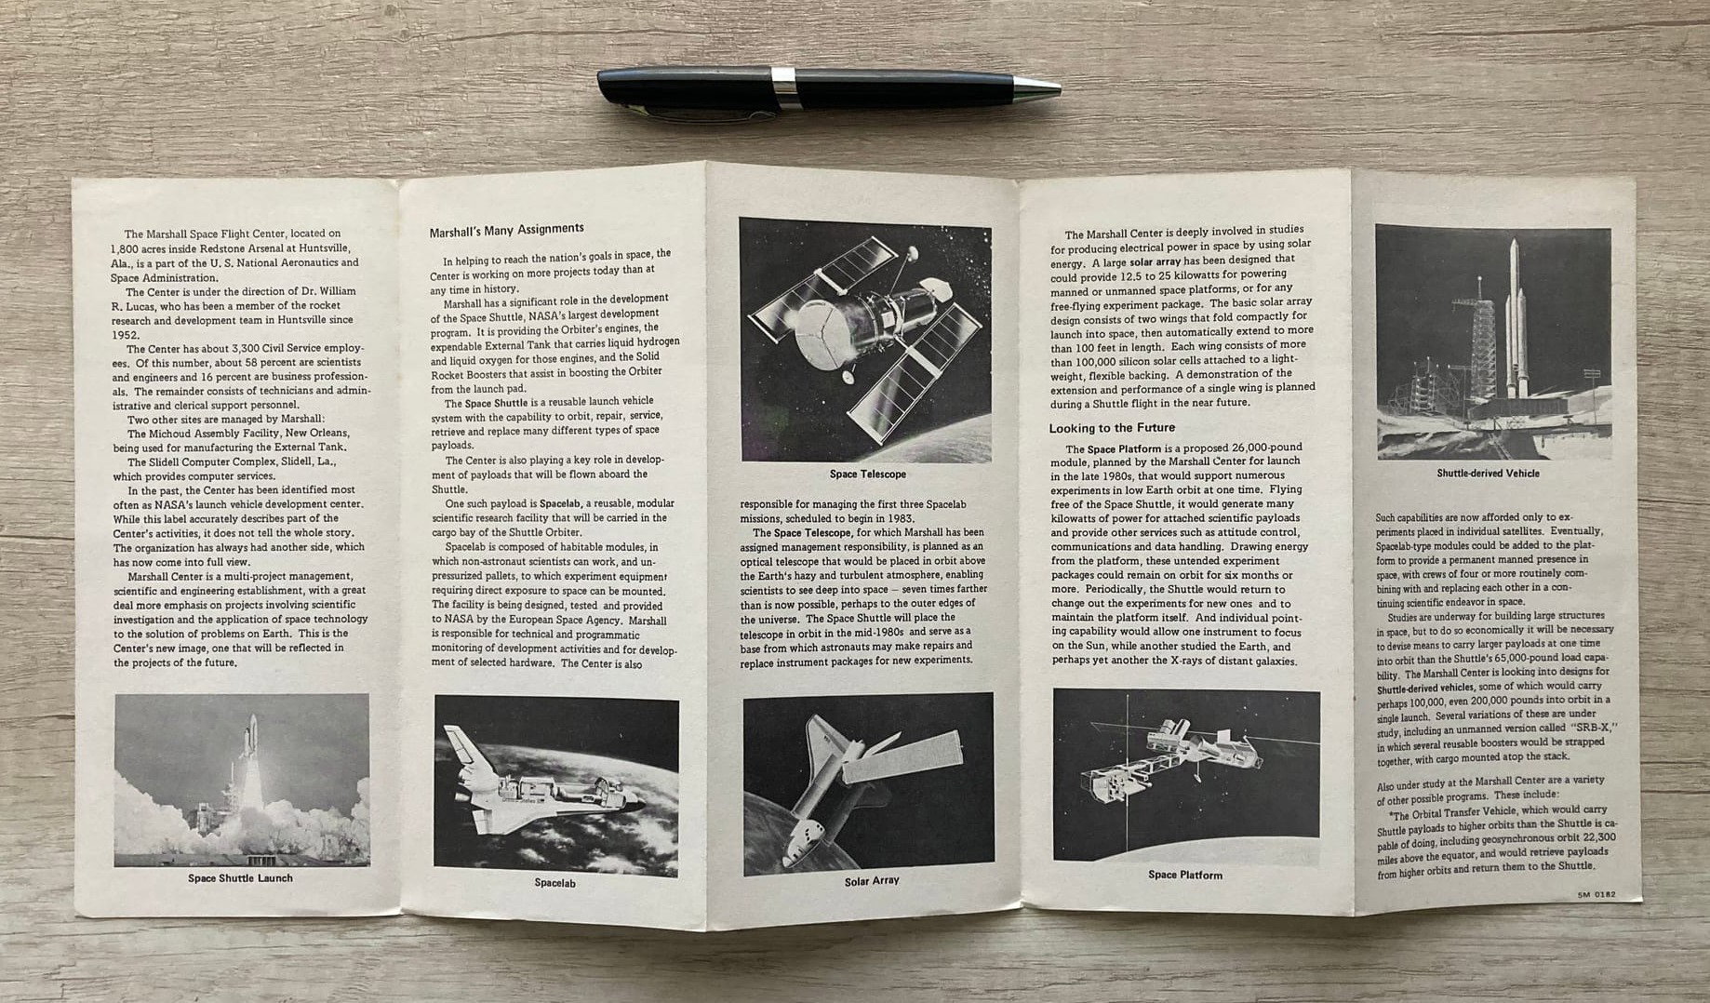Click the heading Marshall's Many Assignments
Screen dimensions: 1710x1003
(x=507, y=229)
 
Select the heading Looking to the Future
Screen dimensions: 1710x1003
(x=1113, y=428)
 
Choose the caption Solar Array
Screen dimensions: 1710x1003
(x=871, y=880)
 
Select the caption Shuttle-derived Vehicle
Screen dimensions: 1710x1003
(x=1488, y=473)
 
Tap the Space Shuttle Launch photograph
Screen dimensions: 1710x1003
(x=242, y=780)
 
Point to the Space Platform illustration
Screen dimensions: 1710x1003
(x=1186, y=775)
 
